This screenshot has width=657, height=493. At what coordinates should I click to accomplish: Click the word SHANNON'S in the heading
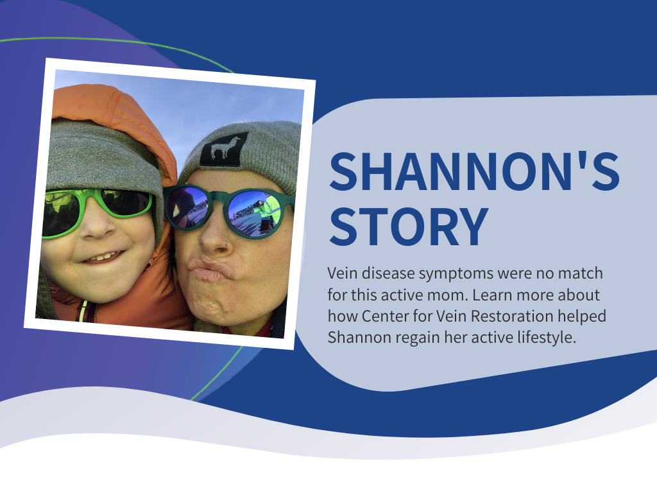[x=474, y=171]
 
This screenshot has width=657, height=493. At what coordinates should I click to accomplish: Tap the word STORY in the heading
[x=409, y=227]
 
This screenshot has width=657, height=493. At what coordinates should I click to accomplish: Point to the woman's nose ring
[x=226, y=243]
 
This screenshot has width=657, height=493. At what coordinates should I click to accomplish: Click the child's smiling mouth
[x=103, y=257]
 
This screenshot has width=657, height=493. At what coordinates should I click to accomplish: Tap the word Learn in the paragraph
[x=493, y=295]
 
